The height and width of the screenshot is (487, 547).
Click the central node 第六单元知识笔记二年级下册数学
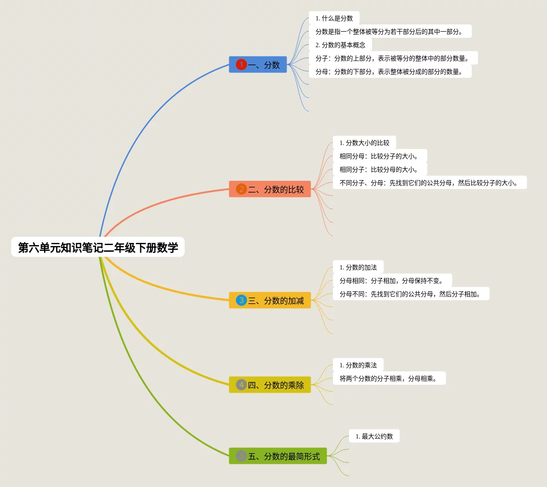point(98,247)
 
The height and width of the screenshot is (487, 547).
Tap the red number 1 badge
point(241,65)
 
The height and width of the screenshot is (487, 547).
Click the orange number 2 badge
point(241,189)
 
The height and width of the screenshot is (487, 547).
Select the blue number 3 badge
point(241,301)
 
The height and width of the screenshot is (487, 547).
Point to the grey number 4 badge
point(241,385)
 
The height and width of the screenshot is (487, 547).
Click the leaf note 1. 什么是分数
point(334,18)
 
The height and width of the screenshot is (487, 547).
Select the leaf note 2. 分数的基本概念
point(340,45)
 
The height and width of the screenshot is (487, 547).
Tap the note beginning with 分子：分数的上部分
point(393,58)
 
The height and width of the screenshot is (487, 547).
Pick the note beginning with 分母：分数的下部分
point(390,72)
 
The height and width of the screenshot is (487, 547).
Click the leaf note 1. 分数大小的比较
point(364,143)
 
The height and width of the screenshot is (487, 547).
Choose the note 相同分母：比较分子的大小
point(380,156)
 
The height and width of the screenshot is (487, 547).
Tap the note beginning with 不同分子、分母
point(429,183)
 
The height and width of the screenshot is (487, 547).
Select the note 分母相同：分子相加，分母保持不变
point(392,281)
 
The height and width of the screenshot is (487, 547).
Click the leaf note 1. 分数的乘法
point(358,365)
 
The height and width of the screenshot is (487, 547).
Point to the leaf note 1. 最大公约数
point(374,436)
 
